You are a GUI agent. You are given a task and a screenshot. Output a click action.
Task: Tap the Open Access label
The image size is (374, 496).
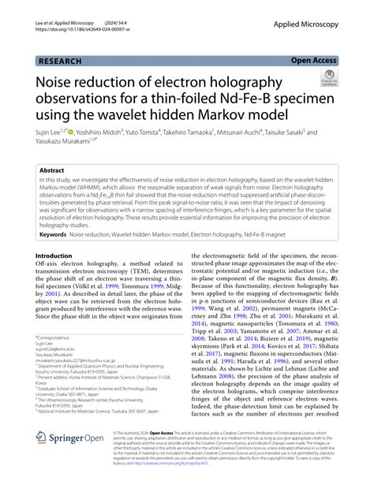pos(312,59)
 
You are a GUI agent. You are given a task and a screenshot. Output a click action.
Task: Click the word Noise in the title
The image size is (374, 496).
pos(58,81)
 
